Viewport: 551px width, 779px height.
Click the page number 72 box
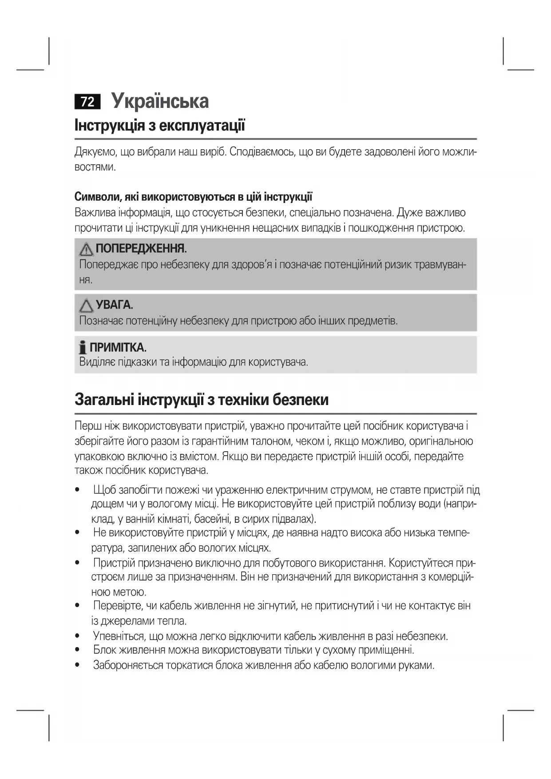(x=87, y=102)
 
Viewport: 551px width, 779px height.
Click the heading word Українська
(x=160, y=101)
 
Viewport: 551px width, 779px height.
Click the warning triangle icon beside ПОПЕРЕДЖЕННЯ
(x=86, y=249)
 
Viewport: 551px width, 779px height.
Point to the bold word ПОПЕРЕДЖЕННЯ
(x=141, y=248)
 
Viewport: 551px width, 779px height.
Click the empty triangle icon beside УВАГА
(x=86, y=306)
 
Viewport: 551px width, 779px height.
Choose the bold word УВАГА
(x=114, y=305)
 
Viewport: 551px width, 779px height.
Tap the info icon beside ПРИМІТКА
(x=82, y=348)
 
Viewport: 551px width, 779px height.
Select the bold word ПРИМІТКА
(x=118, y=347)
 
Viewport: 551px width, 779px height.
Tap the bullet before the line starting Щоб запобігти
(x=78, y=490)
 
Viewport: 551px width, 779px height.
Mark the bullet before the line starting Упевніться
(x=78, y=636)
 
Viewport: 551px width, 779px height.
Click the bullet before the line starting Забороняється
(x=78, y=665)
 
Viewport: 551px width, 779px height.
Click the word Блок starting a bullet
(x=105, y=650)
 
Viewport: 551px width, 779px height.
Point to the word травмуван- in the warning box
(x=440, y=265)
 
